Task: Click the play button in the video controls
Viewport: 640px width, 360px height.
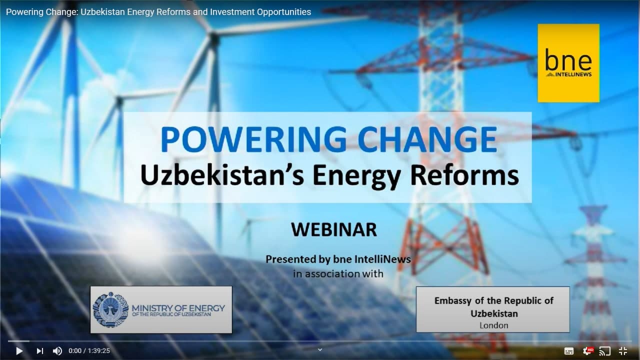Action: (x=19, y=351)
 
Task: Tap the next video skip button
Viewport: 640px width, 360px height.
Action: (x=40, y=351)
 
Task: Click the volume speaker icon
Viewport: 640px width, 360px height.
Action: (x=57, y=351)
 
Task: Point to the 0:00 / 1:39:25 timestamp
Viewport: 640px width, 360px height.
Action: (x=89, y=351)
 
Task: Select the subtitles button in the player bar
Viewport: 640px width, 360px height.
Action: (x=568, y=351)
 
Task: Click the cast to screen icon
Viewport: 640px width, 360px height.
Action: (x=604, y=351)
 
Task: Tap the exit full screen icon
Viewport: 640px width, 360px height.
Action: (x=623, y=351)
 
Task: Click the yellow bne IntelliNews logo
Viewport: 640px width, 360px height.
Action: (x=568, y=63)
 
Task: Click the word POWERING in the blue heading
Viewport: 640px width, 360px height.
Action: (x=253, y=139)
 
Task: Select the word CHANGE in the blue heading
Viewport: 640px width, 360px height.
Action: (x=427, y=139)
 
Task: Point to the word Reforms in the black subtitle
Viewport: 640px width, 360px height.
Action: (x=464, y=175)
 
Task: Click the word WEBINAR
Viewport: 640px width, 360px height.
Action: (x=334, y=229)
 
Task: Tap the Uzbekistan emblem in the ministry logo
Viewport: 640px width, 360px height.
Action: (x=111, y=309)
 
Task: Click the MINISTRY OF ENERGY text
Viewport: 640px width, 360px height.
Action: (x=178, y=308)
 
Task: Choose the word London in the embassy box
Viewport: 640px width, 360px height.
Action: (x=493, y=325)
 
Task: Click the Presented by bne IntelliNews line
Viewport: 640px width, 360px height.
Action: (x=338, y=259)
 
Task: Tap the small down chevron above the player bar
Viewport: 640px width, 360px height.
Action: (x=320, y=349)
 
